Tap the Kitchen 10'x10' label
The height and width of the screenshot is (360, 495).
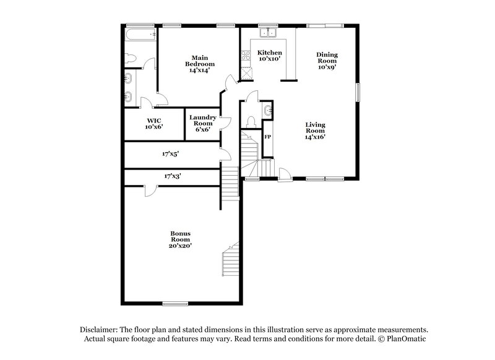270,56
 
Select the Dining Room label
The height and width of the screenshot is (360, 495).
327,61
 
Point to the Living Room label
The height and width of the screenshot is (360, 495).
315,131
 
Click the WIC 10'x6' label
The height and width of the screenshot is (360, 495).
154,124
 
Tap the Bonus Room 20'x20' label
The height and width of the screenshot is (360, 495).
181,239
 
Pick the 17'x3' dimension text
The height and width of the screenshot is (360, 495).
173,176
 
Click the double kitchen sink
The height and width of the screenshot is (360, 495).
268,34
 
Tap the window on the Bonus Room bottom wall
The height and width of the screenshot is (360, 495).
175,302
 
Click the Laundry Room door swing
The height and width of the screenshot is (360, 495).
225,122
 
